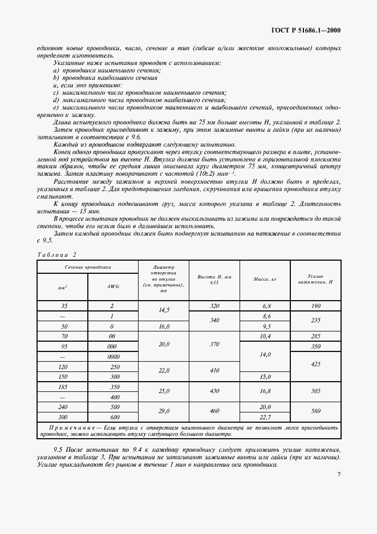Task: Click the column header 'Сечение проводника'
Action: click(x=87, y=266)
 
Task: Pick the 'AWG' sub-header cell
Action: click(x=112, y=287)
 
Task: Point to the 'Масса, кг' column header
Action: click(x=265, y=279)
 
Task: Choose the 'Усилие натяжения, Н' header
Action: click(x=315, y=279)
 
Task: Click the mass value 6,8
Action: click(x=265, y=306)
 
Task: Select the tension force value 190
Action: click(x=315, y=306)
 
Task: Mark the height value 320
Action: click(x=214, y=306)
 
